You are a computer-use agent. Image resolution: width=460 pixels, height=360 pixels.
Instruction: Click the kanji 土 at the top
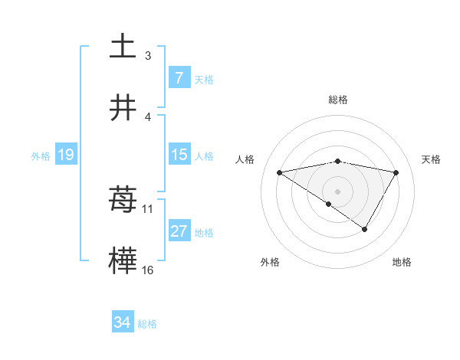[123, 46]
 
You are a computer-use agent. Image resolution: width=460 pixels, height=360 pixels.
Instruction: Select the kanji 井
[123, 108]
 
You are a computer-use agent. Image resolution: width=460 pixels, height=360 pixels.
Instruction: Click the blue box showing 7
[179, 78]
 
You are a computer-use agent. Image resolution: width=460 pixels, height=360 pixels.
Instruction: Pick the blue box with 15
[179, 155]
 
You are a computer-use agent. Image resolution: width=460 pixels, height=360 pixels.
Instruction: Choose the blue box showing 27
[179, 232]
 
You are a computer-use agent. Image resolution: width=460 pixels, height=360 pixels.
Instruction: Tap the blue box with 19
[65, 155]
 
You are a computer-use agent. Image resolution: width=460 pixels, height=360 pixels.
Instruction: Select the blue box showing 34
[123, 323]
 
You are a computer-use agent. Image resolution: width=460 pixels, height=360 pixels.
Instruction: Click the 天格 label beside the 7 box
[204, 79]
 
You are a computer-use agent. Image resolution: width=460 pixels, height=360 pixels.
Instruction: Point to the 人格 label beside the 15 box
[204, 156]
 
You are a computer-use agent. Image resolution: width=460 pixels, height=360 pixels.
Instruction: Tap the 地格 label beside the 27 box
[204, 233]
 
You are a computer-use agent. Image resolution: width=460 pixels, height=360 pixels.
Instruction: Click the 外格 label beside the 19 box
[41, 156]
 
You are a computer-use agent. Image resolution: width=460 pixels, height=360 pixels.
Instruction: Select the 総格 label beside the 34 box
[147, 324]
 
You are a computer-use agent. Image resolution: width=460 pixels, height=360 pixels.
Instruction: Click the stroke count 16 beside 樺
[148, 270]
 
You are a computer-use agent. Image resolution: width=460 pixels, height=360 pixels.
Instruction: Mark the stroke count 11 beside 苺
[148, 208]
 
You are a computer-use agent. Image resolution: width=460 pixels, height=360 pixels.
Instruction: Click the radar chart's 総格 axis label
[338, 100]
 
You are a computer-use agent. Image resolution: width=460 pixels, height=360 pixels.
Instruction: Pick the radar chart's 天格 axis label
[432, 159]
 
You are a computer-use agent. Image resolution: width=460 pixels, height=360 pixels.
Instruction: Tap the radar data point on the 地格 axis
[365, 229]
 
